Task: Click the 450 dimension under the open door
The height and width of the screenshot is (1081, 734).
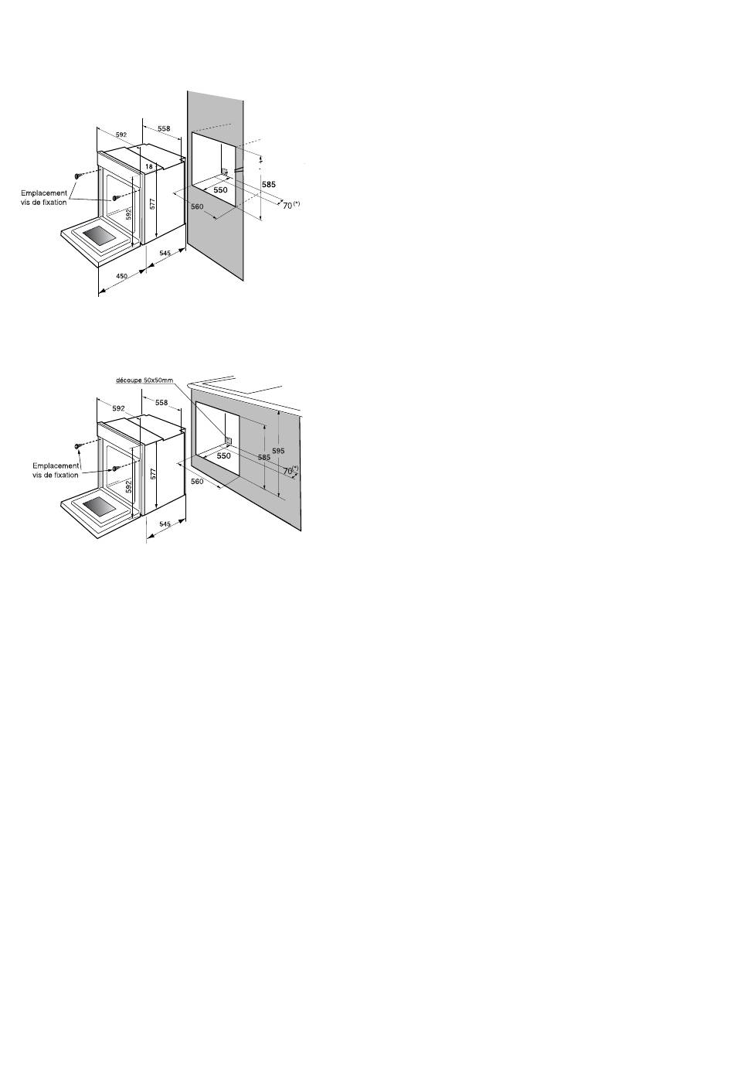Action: point(122,276)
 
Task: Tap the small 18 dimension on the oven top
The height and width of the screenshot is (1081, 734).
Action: point(149,166)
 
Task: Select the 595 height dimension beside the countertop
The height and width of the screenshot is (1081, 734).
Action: point(278,451)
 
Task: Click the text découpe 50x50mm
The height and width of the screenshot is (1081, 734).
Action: point(144,380)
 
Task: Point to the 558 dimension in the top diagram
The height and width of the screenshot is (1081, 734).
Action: point(164,129)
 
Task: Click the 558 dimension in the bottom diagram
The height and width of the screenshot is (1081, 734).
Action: point(161,403)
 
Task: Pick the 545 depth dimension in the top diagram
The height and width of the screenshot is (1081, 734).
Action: point(165,253)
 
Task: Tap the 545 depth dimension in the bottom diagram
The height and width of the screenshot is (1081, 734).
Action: point(165,523)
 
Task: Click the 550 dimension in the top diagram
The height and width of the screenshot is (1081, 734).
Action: point(220,189)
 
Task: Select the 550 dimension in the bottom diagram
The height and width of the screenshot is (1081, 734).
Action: point(224,455)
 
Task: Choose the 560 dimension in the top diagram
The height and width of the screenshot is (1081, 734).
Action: point(197,206)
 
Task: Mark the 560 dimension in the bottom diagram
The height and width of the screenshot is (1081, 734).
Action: point(197,481)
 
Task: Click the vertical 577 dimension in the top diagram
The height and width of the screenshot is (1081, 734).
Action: point(152,203)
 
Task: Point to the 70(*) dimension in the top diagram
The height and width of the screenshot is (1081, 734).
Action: point(291,205)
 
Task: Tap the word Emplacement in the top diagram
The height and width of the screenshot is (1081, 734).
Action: point(44,193)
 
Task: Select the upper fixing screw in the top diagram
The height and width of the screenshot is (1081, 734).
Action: point(77,176)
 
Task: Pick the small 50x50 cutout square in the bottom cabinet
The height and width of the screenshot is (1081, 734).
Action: point(229,440)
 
